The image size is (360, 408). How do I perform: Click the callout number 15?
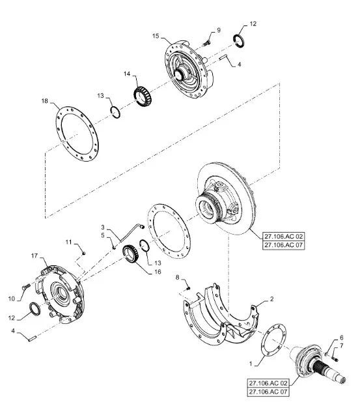point(156,36)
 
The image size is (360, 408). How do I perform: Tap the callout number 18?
point(45,101)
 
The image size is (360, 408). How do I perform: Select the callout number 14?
point(127,74)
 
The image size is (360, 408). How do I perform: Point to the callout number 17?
point(35,255)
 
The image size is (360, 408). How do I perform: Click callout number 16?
point(158,272)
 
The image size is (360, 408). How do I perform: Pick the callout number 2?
point(271,299)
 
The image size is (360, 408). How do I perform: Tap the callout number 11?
point(68,242)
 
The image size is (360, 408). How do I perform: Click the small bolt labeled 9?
point(207,43)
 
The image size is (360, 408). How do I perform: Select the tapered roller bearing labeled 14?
point(143,97)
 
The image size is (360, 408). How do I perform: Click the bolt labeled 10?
point(26,287)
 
